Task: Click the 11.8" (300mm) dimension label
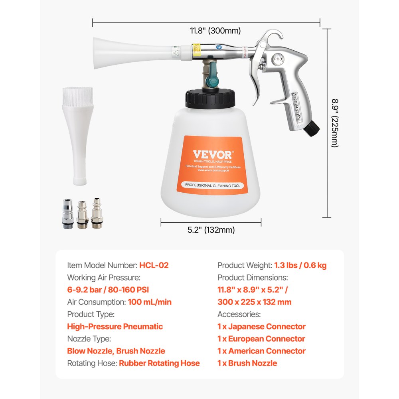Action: (x=215, y=31)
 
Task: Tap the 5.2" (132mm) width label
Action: (x=211, y=230)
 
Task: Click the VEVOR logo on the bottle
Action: (x=212, y=154)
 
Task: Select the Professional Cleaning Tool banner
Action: (x=212, y=185)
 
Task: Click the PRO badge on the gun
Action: (x=278, y=59)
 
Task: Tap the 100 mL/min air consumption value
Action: (x=150, y=302)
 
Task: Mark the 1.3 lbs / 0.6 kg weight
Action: (x=300, y=265)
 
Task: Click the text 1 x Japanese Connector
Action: (x=261, y=326)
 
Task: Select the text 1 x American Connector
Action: (x=261, y=351)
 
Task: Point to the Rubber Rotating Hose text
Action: (x=159, y=363)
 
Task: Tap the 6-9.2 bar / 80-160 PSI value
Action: (x=108, y=290)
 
